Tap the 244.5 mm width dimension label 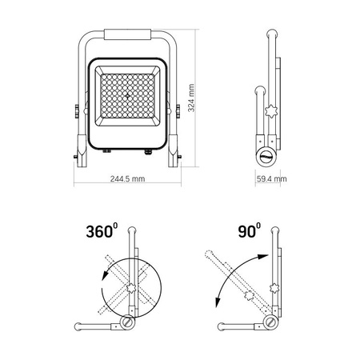click(127, 178)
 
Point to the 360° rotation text click(101, 234)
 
